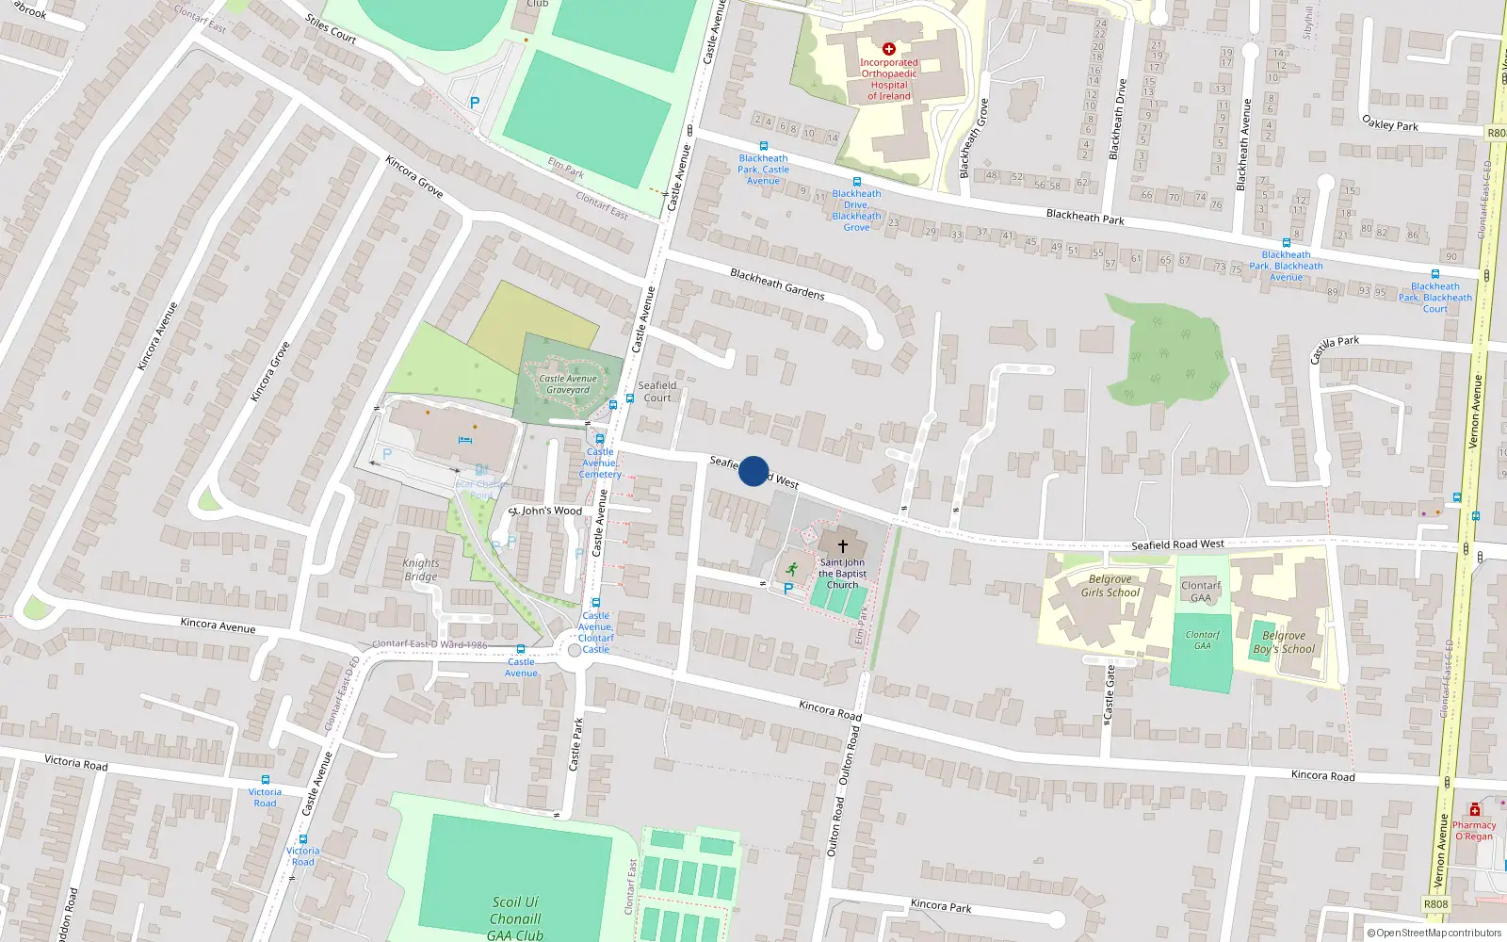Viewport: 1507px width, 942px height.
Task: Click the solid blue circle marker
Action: (753, 471)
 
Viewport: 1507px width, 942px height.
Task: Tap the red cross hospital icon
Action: (888, 48)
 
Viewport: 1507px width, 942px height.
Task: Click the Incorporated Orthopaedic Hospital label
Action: (888, 79)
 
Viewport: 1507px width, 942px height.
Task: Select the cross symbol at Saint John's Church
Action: (842, 545)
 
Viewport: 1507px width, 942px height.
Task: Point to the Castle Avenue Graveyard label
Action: (568, 384)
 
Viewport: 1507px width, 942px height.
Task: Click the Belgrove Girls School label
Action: (1110, 586)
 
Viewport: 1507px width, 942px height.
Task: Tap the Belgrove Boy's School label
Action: (1284, 642)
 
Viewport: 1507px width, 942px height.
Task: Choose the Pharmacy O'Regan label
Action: (1474, 831)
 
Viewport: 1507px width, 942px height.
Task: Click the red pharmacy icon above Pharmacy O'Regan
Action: (1475, 810)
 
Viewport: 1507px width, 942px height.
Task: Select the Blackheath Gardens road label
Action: (777, 284)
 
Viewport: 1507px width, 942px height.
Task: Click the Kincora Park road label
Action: (941, 905)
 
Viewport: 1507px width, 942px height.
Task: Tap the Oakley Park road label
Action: (1390, 122)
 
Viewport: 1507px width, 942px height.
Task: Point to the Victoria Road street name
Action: (76, 762)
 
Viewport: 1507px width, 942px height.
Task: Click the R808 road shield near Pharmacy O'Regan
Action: (1435, 904)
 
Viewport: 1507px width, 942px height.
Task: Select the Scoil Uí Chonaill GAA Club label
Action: (515, 918)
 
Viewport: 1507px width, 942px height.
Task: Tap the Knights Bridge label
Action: (421, 570)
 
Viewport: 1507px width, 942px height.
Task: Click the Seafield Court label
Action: (657, 391)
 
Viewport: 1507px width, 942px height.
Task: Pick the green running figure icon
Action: (791, 569)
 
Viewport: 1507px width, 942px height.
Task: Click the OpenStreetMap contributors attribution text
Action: (1434, 934)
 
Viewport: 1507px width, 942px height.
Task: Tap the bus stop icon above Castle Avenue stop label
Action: (521, 649)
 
